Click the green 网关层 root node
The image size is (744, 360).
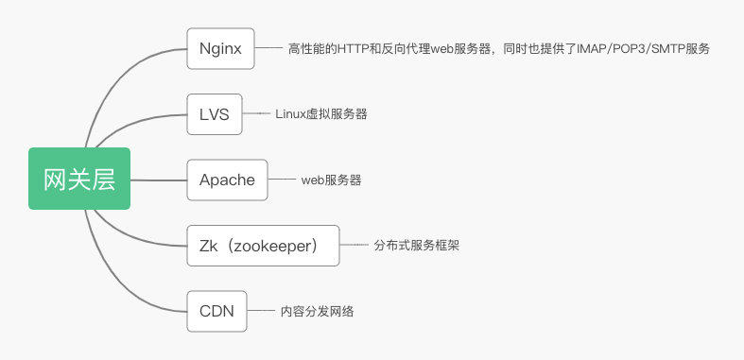pyautogui.click(x=78, y=179)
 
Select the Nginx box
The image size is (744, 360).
pyautogui.click(x=220, y=48)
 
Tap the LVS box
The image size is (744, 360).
pyautogui.click(x=214, y=113)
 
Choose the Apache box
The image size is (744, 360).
pyautogui.click(x=227, y=180)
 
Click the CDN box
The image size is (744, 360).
pyautogui.click(x=217, y=310)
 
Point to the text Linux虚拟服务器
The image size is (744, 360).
pyautogui.click(x=320, y=114)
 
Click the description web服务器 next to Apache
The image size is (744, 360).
pyautogui.click(x=331, y=180)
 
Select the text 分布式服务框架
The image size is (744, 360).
pyautogui.click(x=410, y=245)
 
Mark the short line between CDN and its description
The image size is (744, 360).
pyautogui.click(x=261, y=310)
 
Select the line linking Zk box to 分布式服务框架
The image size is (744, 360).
pyautogui.click(x=354, y=245)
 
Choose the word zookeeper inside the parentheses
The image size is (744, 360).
pyautogui.click(x=271, y=245)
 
